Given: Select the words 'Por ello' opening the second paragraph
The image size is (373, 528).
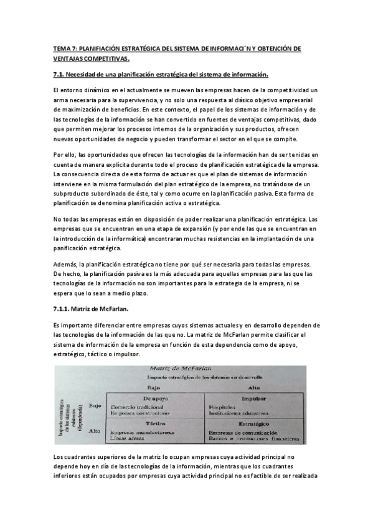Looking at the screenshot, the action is click(x=64, y=154).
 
